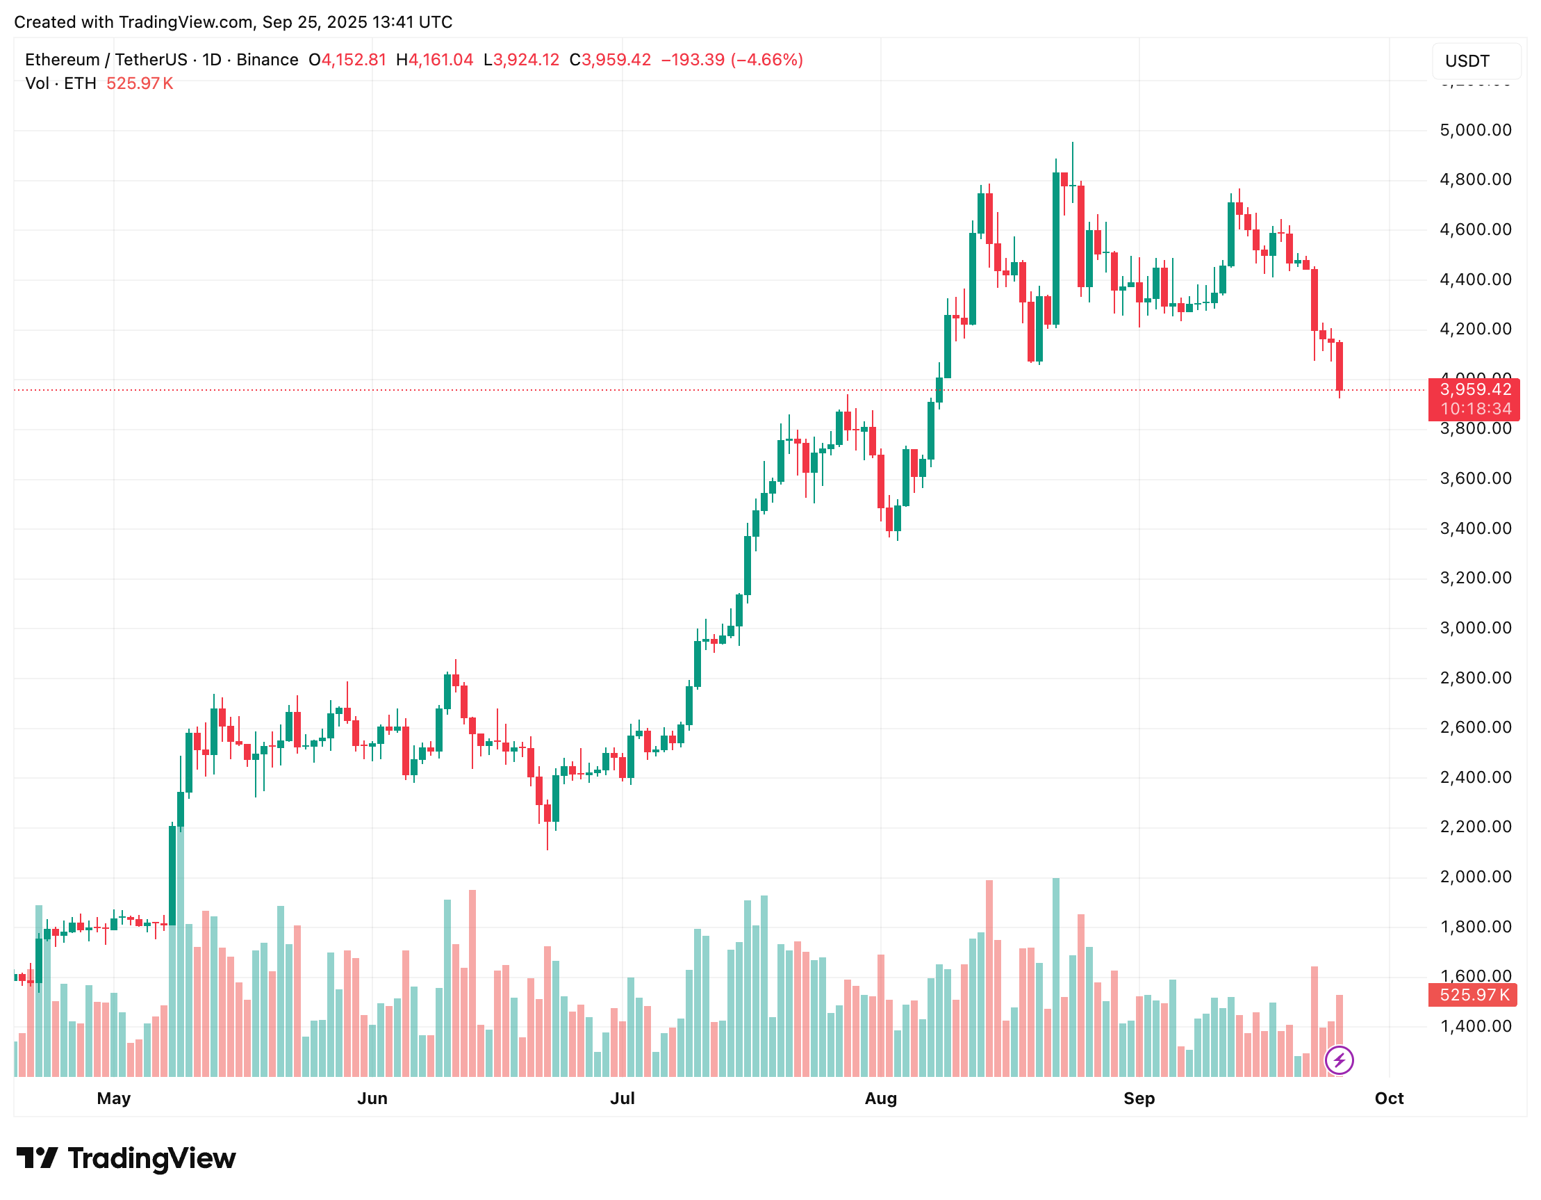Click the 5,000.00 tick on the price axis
pyautogui.click(x=1475, y=131)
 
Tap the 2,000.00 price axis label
pyautogui.click(x=1475, y=877)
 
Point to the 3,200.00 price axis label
pyautogui.click(x=1475, y=578)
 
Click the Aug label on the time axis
pyautogui.click(x=880, y=1098)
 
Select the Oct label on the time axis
pyautogui.click(x=1389, y=1098)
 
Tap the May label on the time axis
pyautogui.click(x=114, y=1098)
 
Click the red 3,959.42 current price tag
pyautogui.click(x=1474, y=389)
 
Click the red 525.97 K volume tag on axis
pyautogui.click(x=1474, y=995)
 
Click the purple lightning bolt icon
pyautogui.click(x=1339, y=1060)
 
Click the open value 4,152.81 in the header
pyautogui.click(x=354, y=60)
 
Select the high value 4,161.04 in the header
pyautogui.click(x=440, y=60)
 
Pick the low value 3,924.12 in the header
pyautogui.click(x=526, y=60)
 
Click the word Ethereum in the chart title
pyautogui.click(x=62, y=60)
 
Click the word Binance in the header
pyautogui.click(x=267, y=60)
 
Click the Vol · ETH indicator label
pyautogui.click(x=60, y=84)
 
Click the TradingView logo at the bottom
pyautogui.click(x=126, y=1158)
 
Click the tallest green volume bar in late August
pyautogui.click(x=1055, y=978)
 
